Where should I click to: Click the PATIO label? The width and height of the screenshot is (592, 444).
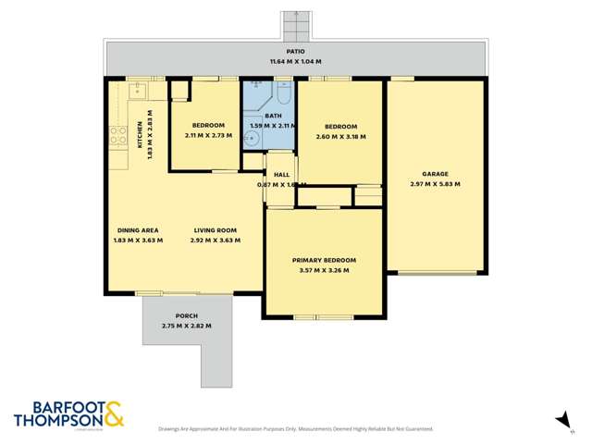point(295,52)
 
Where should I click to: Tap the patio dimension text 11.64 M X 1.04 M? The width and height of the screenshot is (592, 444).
point(295,61)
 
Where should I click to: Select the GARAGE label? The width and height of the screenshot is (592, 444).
point(435,174)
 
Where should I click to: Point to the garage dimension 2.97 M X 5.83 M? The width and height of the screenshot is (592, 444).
point(435,184)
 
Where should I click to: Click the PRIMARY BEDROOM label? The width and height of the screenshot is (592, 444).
point(324,261)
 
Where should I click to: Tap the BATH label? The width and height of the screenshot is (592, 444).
point(272,115)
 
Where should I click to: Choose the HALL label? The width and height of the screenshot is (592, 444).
point(281,174)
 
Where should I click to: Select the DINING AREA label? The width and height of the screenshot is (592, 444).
point(138,230)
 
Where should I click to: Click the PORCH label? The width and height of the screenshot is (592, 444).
point(186,316)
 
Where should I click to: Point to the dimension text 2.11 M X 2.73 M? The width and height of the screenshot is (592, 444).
point(209,135)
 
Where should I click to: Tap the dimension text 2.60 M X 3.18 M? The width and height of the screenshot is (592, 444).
point(340,136)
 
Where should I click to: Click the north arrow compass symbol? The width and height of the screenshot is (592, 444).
point(561,420)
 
